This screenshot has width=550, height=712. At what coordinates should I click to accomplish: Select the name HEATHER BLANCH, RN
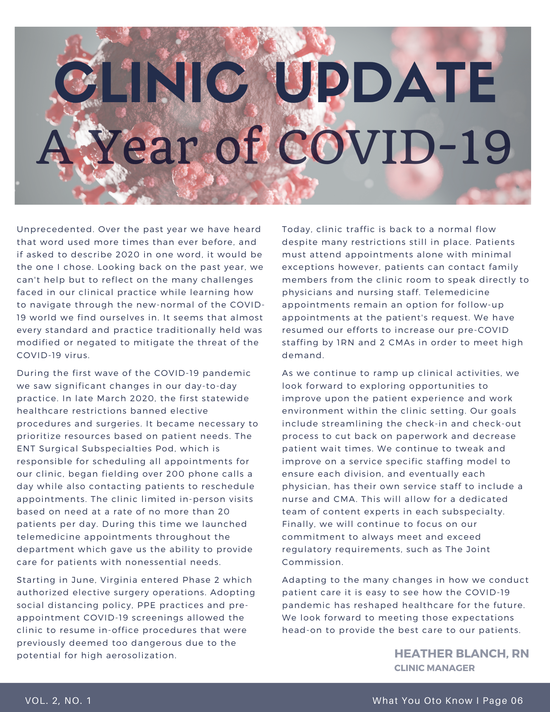click(x=461, y=654)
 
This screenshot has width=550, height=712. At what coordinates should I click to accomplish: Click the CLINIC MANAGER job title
click(x=434, y=668)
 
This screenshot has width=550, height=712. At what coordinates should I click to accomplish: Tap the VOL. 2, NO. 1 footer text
click(x=58, y=701)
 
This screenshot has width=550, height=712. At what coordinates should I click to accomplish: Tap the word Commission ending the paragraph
click(x=312, y=562)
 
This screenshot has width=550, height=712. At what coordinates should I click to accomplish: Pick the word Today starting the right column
click(x=297, y=230)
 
